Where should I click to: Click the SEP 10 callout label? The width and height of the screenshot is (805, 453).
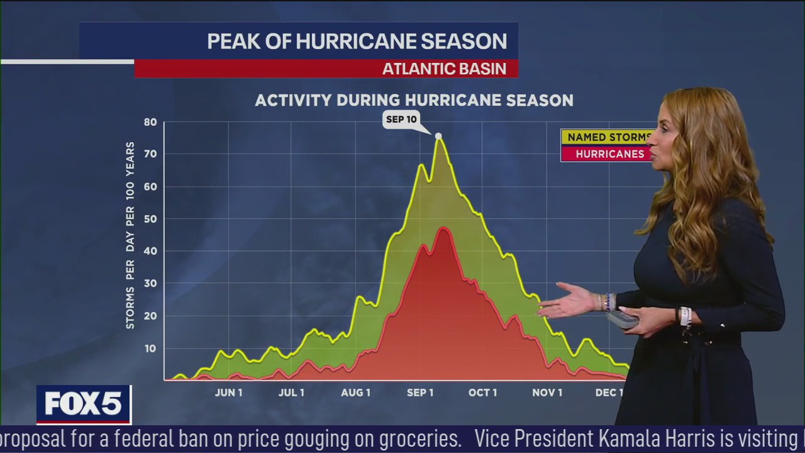coord(401,120)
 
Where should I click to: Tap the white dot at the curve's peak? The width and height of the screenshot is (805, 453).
coord(438,136)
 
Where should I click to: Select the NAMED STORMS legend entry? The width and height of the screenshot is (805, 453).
coord(608,137)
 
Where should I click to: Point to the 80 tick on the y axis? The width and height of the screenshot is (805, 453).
coord(150,122)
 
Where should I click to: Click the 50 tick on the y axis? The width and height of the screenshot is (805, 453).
coord(150,219)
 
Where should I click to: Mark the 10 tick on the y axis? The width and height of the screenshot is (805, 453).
coord(150,348)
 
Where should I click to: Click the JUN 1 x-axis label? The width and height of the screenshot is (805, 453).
coord(228,393)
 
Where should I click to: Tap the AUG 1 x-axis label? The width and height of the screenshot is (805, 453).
coord(355,393)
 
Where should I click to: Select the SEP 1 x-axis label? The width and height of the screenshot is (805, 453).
coord(420,393)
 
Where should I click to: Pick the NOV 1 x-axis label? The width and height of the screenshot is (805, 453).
coord(547,393)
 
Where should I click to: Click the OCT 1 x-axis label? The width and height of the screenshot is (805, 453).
coord(482,393)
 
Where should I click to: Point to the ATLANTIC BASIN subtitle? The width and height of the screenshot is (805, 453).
coord(444,69)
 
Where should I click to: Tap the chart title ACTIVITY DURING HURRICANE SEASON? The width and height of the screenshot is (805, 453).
coord(414,101)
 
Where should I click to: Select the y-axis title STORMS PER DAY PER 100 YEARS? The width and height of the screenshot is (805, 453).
coord(130,235)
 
